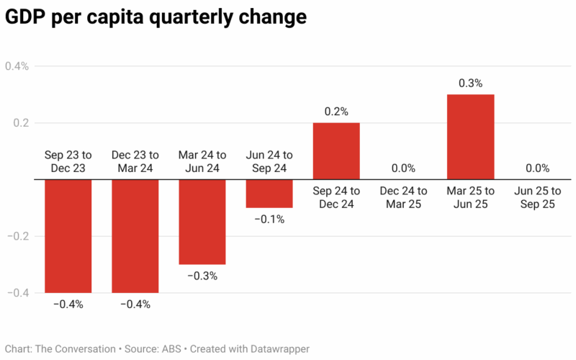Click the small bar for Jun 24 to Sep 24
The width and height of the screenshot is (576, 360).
point(269,194)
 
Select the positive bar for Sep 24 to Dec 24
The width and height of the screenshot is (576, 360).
point(336,151)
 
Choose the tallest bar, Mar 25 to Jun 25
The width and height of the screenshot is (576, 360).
point(470,137)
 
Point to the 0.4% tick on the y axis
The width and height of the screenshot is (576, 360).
point(17,66)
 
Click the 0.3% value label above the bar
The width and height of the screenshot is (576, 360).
point(470,84)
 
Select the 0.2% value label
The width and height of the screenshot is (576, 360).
point(336,112)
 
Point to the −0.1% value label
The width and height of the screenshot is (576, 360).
point(269,219)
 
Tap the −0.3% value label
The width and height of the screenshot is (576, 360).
point(202,276)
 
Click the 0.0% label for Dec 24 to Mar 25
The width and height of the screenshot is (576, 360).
point(403,168)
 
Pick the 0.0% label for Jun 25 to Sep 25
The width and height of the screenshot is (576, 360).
point(537,168)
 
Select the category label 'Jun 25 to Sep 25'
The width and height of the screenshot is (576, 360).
point(537,198)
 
